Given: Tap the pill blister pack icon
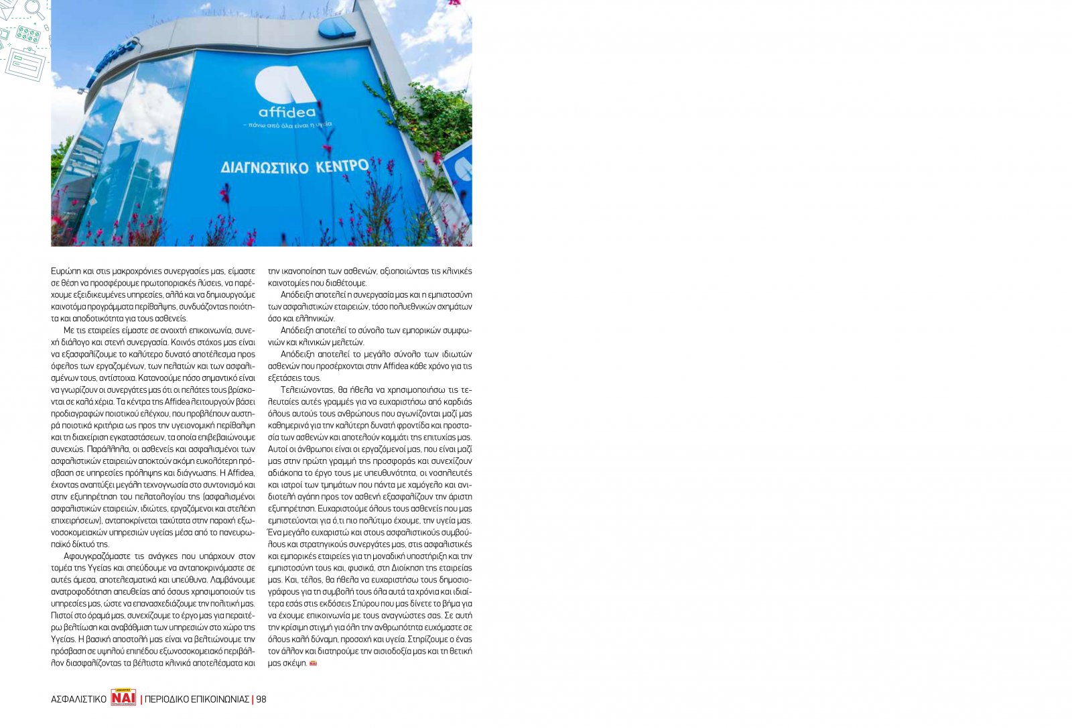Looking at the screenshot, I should coord(28,34).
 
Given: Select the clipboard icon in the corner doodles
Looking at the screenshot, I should coord(25,64).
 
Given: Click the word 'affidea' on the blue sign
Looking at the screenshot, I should coord(287,112).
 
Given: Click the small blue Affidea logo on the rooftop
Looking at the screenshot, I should coord(337,27).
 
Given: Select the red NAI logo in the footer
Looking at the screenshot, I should coord(123,698).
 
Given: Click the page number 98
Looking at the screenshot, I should coord(261,699).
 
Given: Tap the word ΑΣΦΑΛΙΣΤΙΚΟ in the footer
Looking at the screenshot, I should coord(78,699).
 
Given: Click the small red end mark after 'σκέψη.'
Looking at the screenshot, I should coord(313,663).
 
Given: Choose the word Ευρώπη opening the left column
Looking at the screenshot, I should coord(65,271).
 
